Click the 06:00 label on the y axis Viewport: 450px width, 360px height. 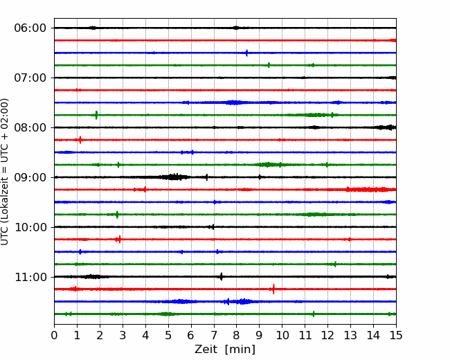pos(30,28)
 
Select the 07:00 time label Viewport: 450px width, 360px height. pos(30,78)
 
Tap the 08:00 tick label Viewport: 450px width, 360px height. pos(30,127)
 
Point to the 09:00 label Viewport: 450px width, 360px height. pos(30,177)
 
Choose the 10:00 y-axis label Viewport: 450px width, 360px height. pos(30,227)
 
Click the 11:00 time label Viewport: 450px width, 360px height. pos(30,277)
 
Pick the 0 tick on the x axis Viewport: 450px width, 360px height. pos(54,335)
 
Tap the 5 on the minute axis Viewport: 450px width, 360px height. pos(168,335)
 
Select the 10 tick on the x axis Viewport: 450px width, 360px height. pos(282,335)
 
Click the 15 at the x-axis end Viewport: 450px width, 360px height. pos(396,335)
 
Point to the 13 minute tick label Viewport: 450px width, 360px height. pos(350,335)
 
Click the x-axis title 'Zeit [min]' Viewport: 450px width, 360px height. pos(225,350)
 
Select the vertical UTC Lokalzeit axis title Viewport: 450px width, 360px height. pos(5,172)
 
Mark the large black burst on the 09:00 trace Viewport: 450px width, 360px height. pos(174,177)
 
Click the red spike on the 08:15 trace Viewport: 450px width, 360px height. pos(80,140)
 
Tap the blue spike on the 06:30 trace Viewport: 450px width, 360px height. pos(246,53)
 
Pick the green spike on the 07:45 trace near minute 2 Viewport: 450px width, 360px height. pos(96,115)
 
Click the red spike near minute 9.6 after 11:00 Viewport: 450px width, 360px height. pos(273,289)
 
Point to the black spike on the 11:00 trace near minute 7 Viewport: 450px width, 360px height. pos(222,276)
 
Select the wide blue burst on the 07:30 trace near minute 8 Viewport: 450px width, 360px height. pos(235,102)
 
